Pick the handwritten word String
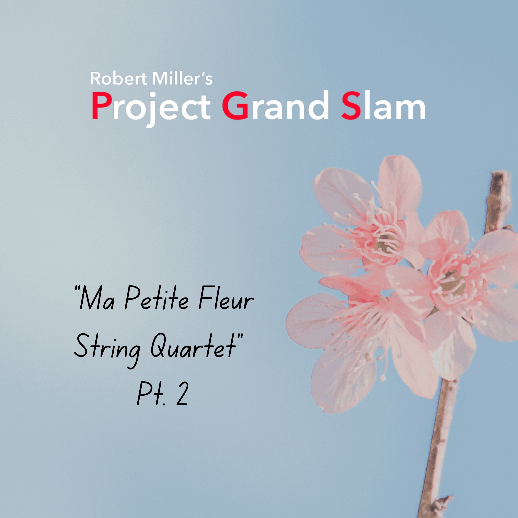107,349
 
